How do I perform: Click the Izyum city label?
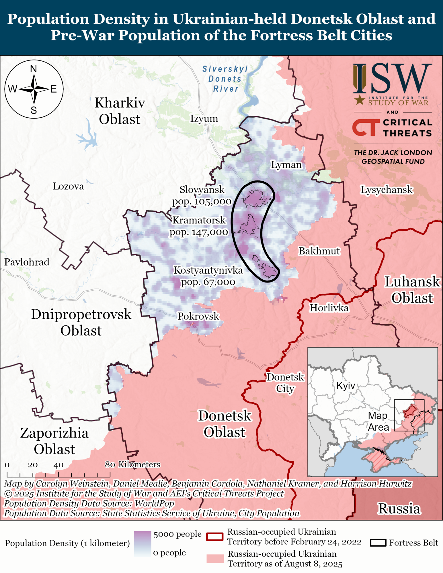click(204, 119)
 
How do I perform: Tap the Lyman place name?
click(286, 165)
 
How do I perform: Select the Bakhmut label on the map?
click(319, 251)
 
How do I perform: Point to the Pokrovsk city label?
click(198, 316)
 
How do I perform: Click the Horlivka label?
click(329, 308)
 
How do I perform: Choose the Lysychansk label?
click(386, 190)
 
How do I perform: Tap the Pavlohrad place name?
click(27, 262)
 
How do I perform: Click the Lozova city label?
click(68, 187)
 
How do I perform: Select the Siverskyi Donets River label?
click(225, 79)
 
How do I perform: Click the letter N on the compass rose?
click(34, 69)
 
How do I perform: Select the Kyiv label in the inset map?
click(346, 386)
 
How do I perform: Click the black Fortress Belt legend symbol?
click(378, 543)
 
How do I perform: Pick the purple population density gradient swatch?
click(142, 543)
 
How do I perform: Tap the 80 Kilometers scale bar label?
click(132, 464)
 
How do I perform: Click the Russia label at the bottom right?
click(399, 509)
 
